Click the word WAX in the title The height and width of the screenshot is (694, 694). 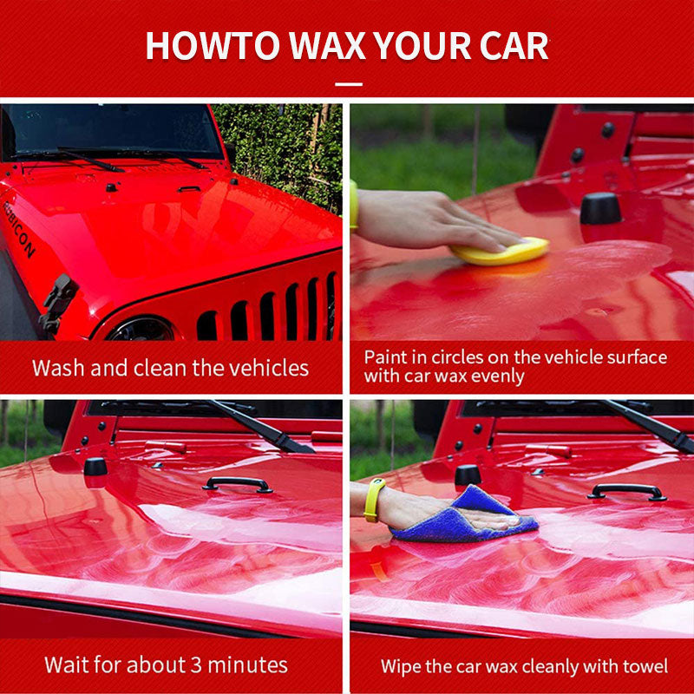pos(327,46)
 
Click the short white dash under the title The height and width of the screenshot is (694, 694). pos(349,83)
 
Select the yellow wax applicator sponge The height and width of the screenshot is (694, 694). pos(501,252)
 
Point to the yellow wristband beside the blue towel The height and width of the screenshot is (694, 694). pos(373,501)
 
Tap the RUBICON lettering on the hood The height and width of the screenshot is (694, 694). pos(18,229)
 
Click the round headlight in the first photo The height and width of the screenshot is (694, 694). pos(141,330)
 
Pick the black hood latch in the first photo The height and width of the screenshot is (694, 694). pos(58,304)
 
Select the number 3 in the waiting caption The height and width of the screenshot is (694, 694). pos(196,665)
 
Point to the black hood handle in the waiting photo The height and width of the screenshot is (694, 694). pos(237,485)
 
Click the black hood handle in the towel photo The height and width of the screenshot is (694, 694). pos(626,492)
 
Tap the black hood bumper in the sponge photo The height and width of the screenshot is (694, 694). pos(600,208)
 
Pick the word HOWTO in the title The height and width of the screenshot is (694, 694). pos(213,46)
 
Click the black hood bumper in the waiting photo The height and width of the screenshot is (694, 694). pos(95,467)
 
